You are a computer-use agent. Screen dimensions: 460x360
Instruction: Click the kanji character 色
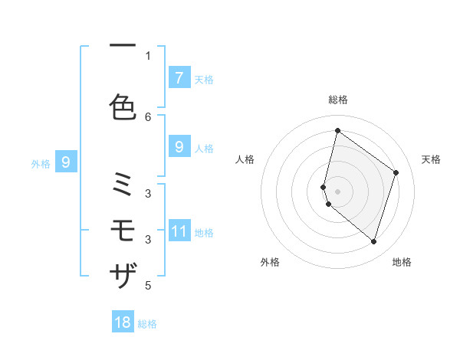tap(123, 107)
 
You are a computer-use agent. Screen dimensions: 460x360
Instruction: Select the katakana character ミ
tap(123, 187)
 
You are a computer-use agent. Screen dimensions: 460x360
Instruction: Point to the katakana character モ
tap(123, 230)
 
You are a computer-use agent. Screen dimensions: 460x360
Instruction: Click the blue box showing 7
tap(179, 77)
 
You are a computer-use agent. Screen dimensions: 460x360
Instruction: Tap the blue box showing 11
tap(179, 231)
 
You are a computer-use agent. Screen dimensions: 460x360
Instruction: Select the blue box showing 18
tap(123, 322)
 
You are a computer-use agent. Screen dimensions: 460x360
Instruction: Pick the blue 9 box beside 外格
tap(66, 162)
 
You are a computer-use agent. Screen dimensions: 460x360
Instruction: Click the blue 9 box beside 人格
tap(179, 146)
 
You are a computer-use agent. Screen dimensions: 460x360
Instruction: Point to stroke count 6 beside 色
tap(149, 116)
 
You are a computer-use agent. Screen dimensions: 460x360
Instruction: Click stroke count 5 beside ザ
tap(149, 286)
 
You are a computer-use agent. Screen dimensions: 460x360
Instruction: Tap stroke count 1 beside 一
tap(149, 55)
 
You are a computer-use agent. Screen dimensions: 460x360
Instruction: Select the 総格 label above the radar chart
tap(337, 100)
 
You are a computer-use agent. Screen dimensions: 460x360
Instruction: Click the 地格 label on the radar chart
tap(402, 262)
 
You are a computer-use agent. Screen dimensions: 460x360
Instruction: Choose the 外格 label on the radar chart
tap(270, 262)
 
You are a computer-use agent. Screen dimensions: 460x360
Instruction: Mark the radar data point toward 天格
tap(396, 172)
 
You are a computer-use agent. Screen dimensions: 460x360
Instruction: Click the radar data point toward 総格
tap(337, 131)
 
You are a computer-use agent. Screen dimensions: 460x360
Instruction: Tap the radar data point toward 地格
tap(373, 242)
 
